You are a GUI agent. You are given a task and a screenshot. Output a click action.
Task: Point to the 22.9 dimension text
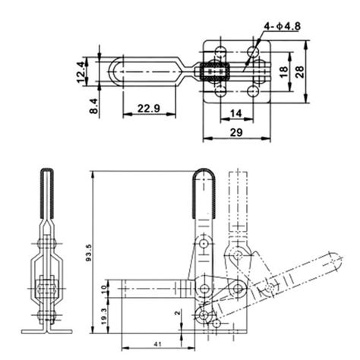click(x=148, y=109)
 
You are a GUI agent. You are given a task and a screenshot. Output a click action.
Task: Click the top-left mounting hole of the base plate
click(x=220, y=52)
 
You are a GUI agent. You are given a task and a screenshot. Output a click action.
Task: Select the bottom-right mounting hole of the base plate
click(x=252, y=93)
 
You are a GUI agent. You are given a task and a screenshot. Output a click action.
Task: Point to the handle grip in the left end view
click(x=45, y=190)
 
